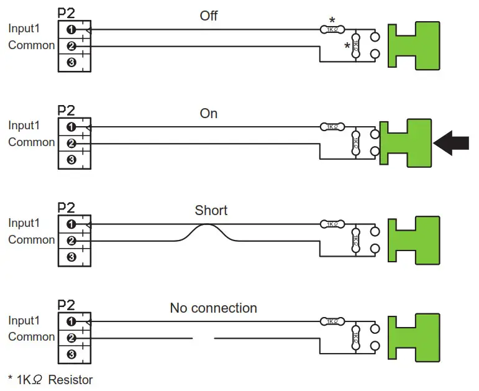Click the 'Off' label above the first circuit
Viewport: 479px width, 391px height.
[x=209, y=16]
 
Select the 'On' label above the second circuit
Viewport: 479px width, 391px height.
[x=209, y=114]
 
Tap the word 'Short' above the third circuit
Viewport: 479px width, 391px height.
[x=211, y=211]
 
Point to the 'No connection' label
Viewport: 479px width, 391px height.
[x=213, y=308]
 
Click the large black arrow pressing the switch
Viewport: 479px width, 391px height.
[x=452, y=144]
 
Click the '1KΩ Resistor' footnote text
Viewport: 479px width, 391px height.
[x=50, y=379]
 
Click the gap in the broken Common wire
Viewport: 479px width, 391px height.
[x=203, y=338]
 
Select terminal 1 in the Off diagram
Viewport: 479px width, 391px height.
[x=71, y=30]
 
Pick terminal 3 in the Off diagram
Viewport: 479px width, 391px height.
[x=71, y=62]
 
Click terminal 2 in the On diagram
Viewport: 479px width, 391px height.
[x=71, y=144]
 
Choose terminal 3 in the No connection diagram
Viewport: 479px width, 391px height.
[x=71, y=354]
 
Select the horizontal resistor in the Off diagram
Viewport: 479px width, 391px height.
[x=332, y=29]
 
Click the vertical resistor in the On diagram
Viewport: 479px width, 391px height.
[x=356, y=143]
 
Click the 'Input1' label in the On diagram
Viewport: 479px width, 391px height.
[x=23, y=126]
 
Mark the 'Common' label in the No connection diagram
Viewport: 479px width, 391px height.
[x=31, y=337]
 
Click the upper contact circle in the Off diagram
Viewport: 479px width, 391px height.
[x=375, y=36]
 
